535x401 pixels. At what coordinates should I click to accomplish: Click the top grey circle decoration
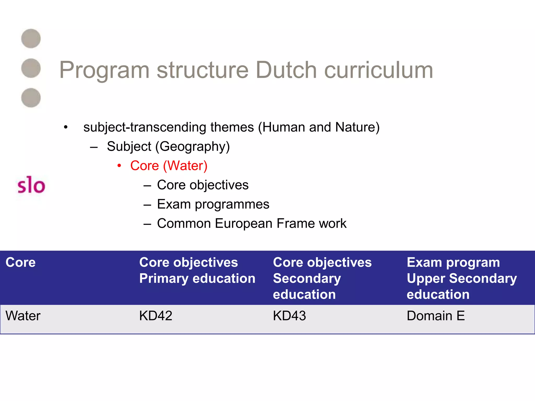coord(31,39)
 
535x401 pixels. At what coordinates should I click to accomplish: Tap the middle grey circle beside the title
coord(31,68)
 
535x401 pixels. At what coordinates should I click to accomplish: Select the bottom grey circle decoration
coord(31,98)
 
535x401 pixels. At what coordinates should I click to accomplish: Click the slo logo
coord(31,185)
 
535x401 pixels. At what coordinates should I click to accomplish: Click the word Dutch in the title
coord(286,70)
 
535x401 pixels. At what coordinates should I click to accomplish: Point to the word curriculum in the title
coord(379,70)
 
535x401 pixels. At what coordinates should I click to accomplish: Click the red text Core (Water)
coord(169,166)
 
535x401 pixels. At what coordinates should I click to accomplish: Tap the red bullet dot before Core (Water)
coord(119,166)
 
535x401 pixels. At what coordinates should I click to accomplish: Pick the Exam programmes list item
coord(213,204)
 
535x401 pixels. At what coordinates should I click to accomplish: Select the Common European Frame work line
coord(252,223)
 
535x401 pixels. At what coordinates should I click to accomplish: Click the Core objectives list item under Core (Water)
coord(203,185)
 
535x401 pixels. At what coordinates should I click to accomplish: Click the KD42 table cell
coord(156,316)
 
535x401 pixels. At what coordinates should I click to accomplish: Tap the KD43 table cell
coord(289,316)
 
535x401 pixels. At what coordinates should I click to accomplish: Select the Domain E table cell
coord(436,316)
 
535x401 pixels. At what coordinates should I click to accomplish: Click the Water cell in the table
coord(23,316)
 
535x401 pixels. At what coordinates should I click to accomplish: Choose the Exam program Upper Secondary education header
coord(462,278)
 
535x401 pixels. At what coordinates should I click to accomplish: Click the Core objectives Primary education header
coord(197,270)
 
